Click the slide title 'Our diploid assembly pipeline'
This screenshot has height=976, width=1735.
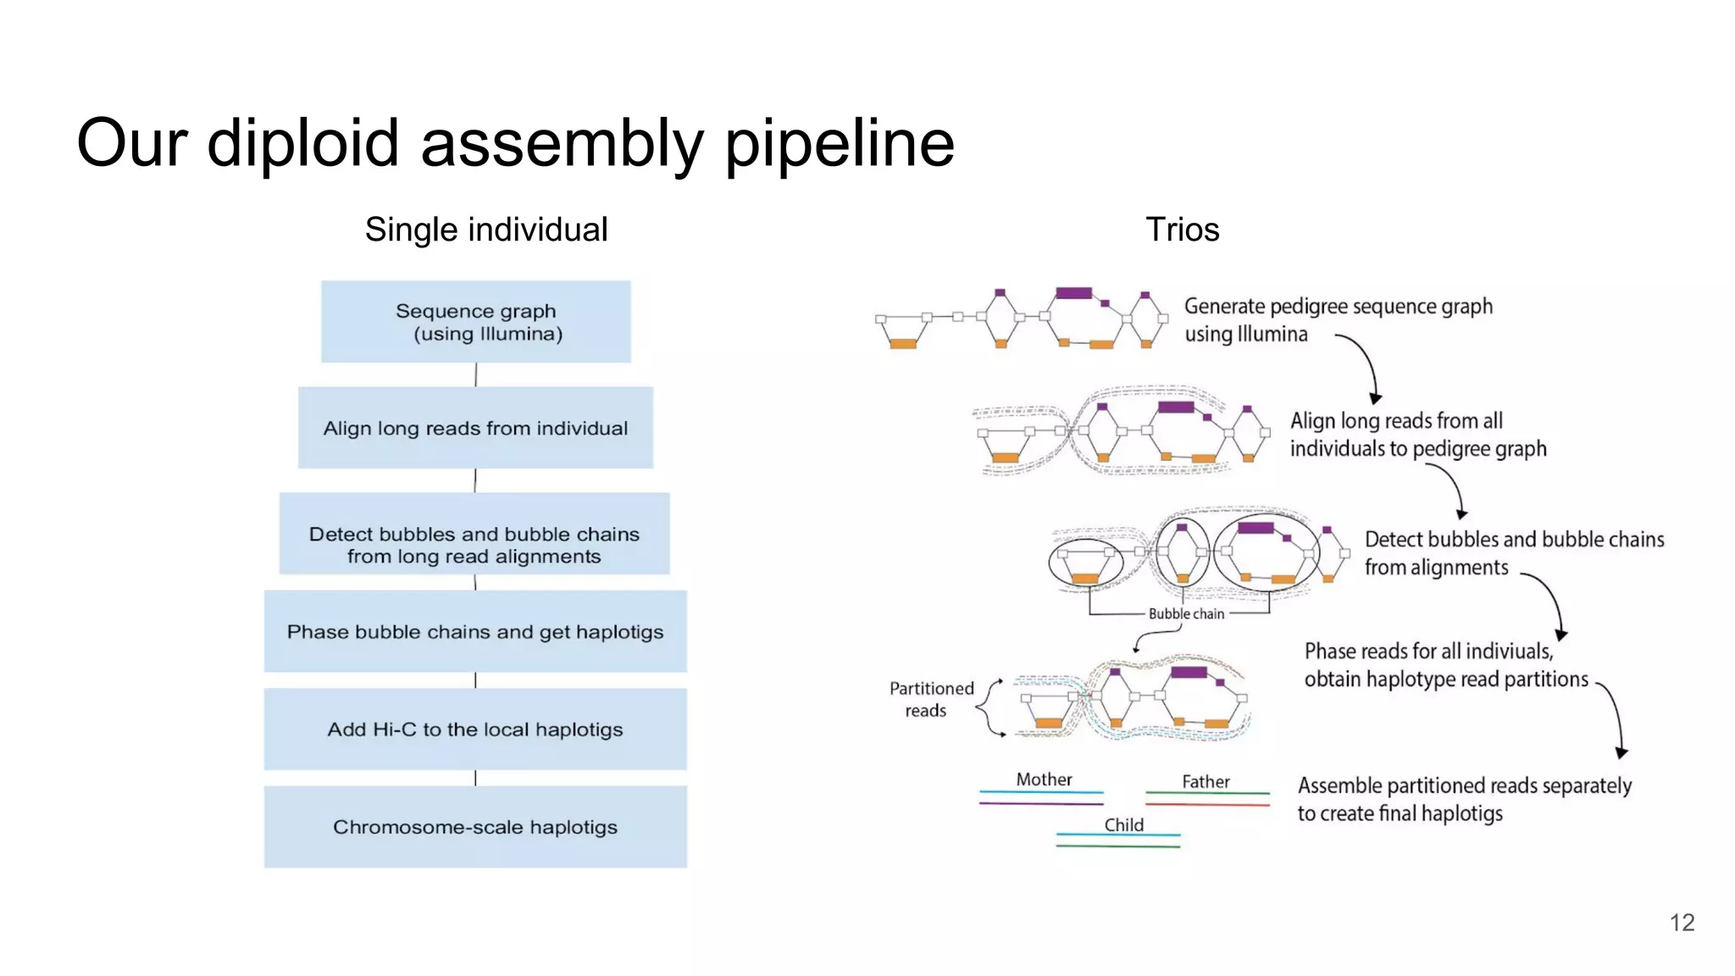pos(515,143)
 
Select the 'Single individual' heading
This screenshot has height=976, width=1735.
pos(486,230)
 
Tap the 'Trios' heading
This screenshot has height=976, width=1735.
pos(1182,230)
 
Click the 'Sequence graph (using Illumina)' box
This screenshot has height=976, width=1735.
pos(475,322)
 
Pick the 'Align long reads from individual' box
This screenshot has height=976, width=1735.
pos(475,428)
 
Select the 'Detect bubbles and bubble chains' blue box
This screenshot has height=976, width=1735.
pos(474,535)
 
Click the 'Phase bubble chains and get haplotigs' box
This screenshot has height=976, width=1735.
pos(475,632)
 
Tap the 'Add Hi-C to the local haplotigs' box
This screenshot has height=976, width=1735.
pos(475,729)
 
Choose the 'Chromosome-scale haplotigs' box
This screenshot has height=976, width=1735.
pos(475,827)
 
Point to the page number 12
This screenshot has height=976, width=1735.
pos(1682,923)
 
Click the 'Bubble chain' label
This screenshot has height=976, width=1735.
pos(1186,614)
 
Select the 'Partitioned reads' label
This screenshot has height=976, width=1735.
pos(930,700)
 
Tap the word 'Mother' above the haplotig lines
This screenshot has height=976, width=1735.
pos(1044,779)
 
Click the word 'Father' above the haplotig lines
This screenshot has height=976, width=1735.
pos(1206,782)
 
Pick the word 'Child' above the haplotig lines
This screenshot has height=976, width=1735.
pos(1123,825)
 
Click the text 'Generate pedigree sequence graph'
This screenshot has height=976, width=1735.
pos(1338,307)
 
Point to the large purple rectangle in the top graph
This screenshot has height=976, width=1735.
pos(1073,293)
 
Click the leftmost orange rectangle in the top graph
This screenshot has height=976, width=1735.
pos(902,344)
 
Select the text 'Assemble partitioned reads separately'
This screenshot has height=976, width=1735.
pos(1464,786)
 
